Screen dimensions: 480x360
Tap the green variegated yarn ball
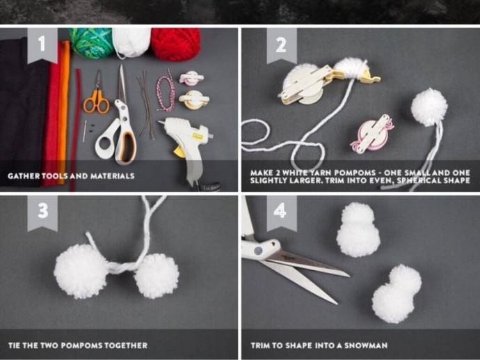[x=91, y=42]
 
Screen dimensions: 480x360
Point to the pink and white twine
[x=165, y=91]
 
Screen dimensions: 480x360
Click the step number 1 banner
[x=42, y=45]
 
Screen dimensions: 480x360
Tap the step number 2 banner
[x=282, y=45]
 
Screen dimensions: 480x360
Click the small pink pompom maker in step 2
[x=371, y=133]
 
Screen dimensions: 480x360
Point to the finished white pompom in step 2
[x=429, y=107]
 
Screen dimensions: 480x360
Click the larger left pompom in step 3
[x=81, y=271]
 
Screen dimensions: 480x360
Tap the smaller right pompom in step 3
[x=157, y=276]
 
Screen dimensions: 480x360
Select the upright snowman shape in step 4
[x=358, y=230]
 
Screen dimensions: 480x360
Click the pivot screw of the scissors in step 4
[x=258, y=251]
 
